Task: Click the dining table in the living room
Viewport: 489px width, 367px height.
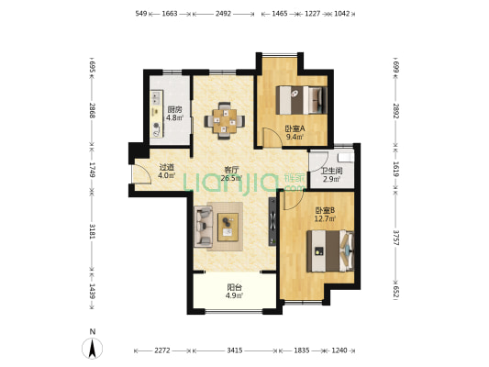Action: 225,121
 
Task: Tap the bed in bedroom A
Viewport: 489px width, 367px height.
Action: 301,100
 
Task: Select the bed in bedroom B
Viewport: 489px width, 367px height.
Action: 330,251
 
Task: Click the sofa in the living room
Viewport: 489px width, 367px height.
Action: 203,227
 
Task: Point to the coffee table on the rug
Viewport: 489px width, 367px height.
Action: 228,227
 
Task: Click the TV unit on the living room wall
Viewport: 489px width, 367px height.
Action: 272,221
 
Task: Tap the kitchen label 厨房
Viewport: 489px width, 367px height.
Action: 174,110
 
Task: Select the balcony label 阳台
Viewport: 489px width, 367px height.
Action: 235,287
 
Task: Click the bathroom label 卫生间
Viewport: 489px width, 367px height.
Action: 332,171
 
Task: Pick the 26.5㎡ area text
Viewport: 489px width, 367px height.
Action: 231,178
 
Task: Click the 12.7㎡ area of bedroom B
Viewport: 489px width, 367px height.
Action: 325,218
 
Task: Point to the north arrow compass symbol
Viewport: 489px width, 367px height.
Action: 92,348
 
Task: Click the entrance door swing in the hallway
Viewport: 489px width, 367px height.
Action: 141,173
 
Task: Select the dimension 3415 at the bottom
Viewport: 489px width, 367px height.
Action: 235,350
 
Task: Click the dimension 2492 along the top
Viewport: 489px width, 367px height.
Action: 223,14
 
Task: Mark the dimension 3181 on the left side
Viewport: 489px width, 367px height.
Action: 92,231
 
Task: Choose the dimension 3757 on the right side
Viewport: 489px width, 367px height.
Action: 395,238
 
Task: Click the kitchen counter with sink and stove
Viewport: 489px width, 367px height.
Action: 157,114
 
